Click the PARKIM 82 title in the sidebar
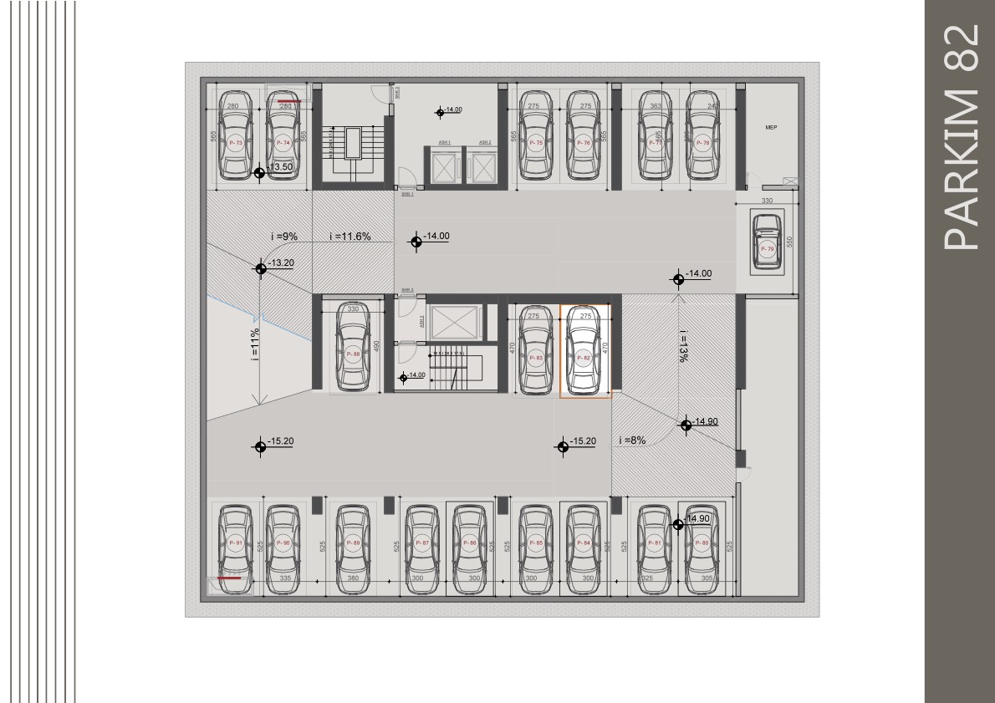click(x=960, y=136)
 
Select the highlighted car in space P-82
click(x=584, y=352)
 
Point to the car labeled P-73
click(x=234, y=136)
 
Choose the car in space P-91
click(x=235, y=543)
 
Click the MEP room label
click(x=771, y=128)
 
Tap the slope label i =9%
click(x=284, y=237)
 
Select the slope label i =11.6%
click(x=350, y=237)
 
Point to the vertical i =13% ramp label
click(x=683, y=344)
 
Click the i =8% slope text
click(x=632, y=441)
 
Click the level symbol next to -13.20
click(x=260, y=267)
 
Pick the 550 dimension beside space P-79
click(x=788, y=242)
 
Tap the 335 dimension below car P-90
click(x=285, y=578)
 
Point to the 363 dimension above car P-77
click(x=656, y=106)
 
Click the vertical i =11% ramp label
click(x=254, y=344)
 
